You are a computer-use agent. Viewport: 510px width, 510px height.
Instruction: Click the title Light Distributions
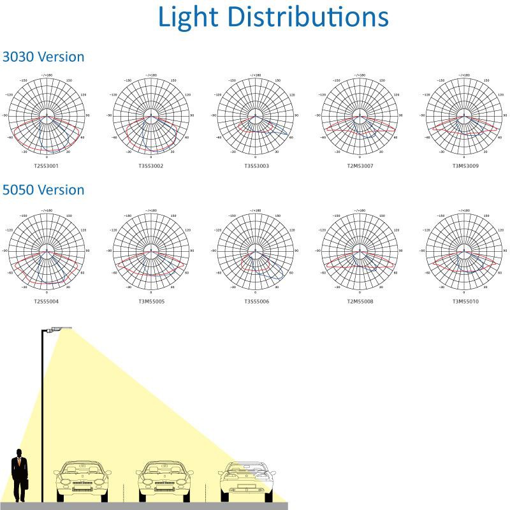click(x=273, y=17)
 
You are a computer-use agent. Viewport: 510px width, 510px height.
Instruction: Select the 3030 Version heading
click(x=43, y=57)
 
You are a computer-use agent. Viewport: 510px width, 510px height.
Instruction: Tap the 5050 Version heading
click(x=43, y=190)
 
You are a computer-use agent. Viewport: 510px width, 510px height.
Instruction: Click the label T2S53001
click(x=46, y=166)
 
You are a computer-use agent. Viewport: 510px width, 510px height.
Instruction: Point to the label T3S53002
click(x=151, y=166)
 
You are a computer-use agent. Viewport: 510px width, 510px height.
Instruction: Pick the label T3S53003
click(x=256, y=166)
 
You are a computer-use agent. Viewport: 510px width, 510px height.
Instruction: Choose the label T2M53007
click(x=360, y=166)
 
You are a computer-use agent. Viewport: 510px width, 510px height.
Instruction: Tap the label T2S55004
click(x=46, y=301)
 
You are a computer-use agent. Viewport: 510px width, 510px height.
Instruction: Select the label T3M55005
click(x=151, y=301)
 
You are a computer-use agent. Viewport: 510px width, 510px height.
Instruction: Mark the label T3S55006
click(x=256, y=301)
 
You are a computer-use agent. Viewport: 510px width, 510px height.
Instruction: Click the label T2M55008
click(x=360, y=301)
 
